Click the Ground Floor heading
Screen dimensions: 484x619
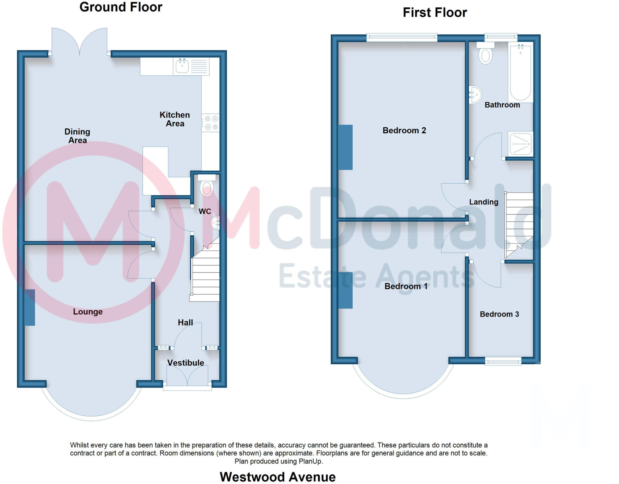(x=121, y=7)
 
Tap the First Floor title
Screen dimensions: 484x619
(x=435, y=13)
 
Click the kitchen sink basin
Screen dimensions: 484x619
(x=182, y=66)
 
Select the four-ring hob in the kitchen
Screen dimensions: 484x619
(x=210, y=123)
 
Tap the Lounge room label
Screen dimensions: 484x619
(x=88, y=312)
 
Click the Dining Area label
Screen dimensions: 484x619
(x=77, y=136)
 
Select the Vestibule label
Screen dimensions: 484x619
(x=186, y=363)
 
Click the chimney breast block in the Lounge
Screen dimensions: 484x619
(x=30, y=307)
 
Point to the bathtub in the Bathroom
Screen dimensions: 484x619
(x=520, y=73)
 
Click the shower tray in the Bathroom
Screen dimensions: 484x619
(x=520, y=144)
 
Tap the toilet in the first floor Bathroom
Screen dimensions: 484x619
(x=485, y=55)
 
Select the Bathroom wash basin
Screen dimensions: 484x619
(x=475, y=95)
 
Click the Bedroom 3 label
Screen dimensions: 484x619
(x=499, y=314)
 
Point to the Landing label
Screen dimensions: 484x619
(x=484, y=202)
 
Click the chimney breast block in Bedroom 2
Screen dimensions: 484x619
(x=345, y=147)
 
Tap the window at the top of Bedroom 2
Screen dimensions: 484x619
(x=402, y=38)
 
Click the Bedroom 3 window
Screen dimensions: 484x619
(x=503, y=361)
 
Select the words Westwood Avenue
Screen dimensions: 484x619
(x=277, y=477)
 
